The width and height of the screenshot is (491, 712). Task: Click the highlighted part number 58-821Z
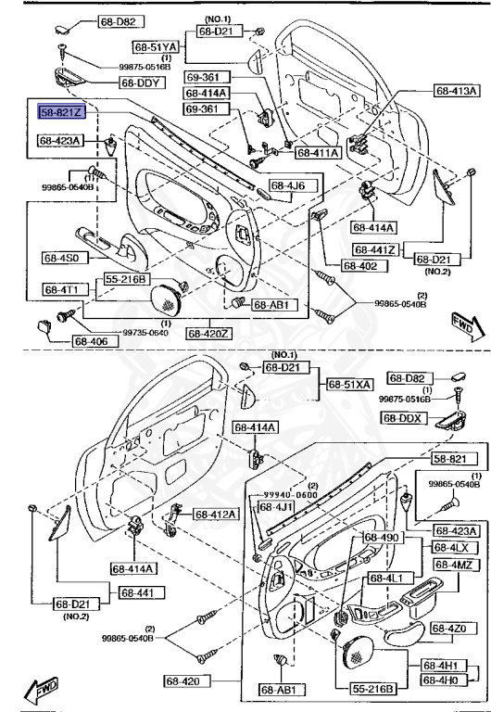coord(62,111)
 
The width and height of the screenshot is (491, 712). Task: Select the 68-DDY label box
coord(141,82)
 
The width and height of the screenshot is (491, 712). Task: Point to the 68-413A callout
coord(457,91)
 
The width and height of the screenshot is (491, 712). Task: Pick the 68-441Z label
coord(374,250)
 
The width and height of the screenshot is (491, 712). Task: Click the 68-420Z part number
coord(208,333)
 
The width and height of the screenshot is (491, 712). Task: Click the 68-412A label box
coord(215,514)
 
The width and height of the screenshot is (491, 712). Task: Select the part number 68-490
coord(382,538)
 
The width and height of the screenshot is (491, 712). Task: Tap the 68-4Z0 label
coord(456,629)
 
